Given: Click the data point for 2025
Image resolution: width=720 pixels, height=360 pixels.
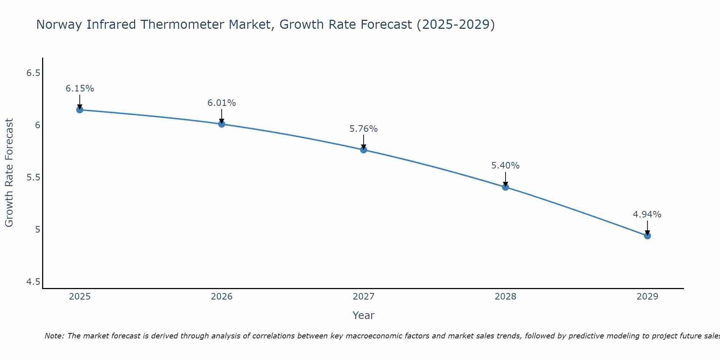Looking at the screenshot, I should point(80,110).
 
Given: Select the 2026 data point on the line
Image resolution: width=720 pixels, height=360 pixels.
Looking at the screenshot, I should point(222,124).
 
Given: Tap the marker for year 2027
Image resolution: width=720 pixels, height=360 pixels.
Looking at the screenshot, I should point(364,150).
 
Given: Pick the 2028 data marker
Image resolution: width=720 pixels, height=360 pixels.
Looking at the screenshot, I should point(505,187).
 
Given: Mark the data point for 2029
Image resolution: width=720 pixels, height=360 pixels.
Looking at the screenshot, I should point(647,236).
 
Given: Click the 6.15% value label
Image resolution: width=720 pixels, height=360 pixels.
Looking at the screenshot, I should point(80,89).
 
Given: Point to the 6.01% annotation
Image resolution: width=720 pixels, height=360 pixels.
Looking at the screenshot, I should point(222,103).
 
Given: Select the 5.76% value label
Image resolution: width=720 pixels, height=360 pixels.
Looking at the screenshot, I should point(364,129).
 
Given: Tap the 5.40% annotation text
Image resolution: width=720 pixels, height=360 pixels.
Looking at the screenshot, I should point(505,166).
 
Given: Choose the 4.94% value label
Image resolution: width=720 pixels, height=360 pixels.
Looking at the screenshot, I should point(647,215).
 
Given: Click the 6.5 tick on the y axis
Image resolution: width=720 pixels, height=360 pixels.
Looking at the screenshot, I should point(33,73).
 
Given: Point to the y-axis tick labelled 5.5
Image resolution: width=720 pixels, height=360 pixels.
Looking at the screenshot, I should point(33,177).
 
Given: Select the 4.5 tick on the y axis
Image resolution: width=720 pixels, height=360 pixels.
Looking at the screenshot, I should point(33,282).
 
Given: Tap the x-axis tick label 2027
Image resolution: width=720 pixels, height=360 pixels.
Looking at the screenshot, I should point(364,297).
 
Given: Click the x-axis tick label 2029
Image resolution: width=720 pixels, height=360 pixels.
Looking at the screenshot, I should point(647,297).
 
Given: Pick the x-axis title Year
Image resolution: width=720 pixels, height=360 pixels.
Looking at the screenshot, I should point(364,315).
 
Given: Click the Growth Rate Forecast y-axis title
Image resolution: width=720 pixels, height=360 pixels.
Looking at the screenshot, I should point(9,173).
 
